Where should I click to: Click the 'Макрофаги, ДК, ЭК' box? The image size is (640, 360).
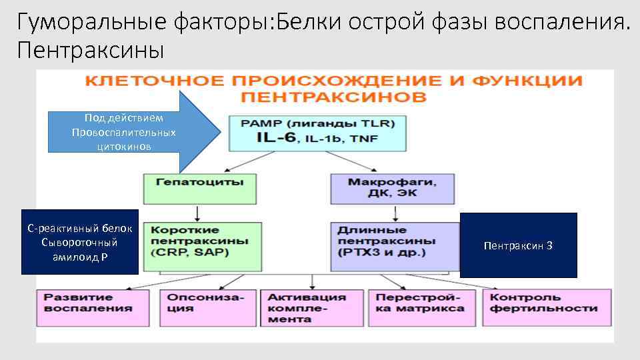(392, 189)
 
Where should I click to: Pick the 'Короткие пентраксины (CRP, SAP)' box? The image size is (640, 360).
(200, 245)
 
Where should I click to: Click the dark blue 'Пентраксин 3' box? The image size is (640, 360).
(518, 245)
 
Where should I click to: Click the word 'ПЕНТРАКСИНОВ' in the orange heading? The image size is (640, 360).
(333, 98)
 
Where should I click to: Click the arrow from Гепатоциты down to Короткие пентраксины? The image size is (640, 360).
(197, 213)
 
